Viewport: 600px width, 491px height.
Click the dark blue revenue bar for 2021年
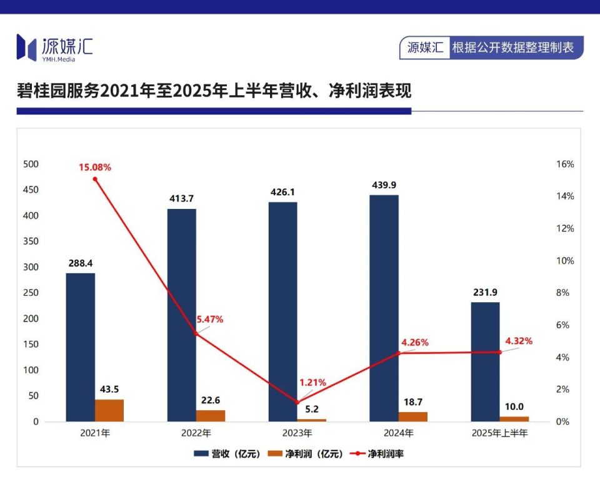pyautogui.click(x=81, y=347)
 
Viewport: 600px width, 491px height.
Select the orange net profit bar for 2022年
pyautogui.click(x=211, y=416)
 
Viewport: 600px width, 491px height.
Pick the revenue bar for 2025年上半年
pyautogui.click(x=485, y=362)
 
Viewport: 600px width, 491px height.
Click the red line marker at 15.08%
pyautogui.click(x=95, y=179)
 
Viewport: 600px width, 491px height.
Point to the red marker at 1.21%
pyautogui.click(x=297, y=402)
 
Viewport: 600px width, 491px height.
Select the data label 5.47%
pyautogui.click(x=209, y=319)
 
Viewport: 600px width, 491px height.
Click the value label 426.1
pyautogui.click(x=282, y=192)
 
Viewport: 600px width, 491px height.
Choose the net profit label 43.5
pyautogui.click(x=109, y=389)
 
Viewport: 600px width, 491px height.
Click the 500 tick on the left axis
pyautogui.click(x=31, y=164)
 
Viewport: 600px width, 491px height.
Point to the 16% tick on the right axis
pyautogui.click(x=564, y=164)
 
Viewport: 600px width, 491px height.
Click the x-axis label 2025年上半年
pyautogui.click(x=499, y=433)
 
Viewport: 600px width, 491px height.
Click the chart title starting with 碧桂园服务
pyautogui.click(x=214, y=91)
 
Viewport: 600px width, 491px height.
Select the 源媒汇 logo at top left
pyautogui.click(x=54, y=48)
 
